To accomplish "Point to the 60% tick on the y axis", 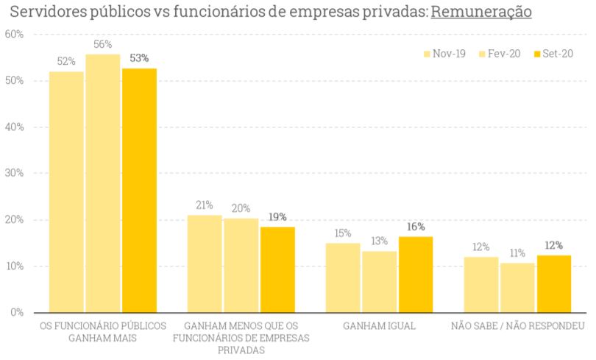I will (x=14, y=35).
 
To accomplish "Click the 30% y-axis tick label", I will (x=14, y=174).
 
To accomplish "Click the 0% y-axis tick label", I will (x=16, y=313).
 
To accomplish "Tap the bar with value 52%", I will (x=66, y=191).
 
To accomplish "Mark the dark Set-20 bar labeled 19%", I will (x=277, y=269).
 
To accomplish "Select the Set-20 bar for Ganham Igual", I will (x=416, y=274).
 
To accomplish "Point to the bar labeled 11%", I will (x=517, y=287).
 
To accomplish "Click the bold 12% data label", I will (x=554, y=245).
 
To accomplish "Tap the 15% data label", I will (x=342, y=233).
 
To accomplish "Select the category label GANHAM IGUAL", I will (x=379, y=325).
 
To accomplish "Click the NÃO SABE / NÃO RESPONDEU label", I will (x=517, y=325).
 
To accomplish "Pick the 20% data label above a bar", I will (x=241, y=208).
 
